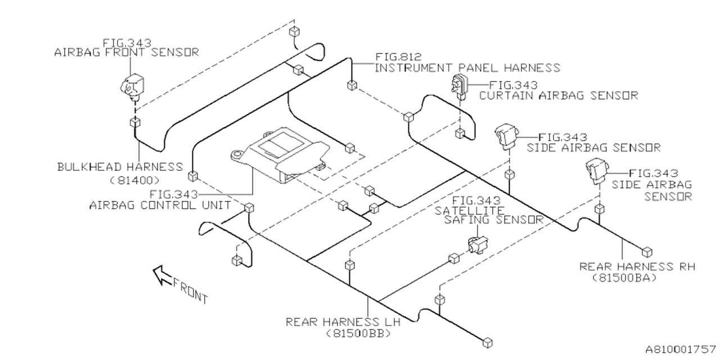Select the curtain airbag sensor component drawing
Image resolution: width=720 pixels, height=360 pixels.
(x=459, y=85)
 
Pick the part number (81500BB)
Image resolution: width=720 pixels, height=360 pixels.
(x=358, y=334)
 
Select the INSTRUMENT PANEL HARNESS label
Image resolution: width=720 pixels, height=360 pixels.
(x=467, y=68)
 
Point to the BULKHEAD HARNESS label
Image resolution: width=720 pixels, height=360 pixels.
(x=120, y=167)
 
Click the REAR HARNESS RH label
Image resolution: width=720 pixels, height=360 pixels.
(x=637, y=266)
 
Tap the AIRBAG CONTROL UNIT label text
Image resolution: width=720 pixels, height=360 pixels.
(x=160, y=205)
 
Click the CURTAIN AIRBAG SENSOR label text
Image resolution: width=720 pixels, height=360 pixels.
(x=559, y=96)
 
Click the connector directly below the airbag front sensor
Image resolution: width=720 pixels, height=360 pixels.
(x=135, y=123)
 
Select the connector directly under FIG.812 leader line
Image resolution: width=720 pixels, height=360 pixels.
(x=352, y=85)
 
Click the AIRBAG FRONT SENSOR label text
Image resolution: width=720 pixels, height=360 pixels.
(x=126, y=52)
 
